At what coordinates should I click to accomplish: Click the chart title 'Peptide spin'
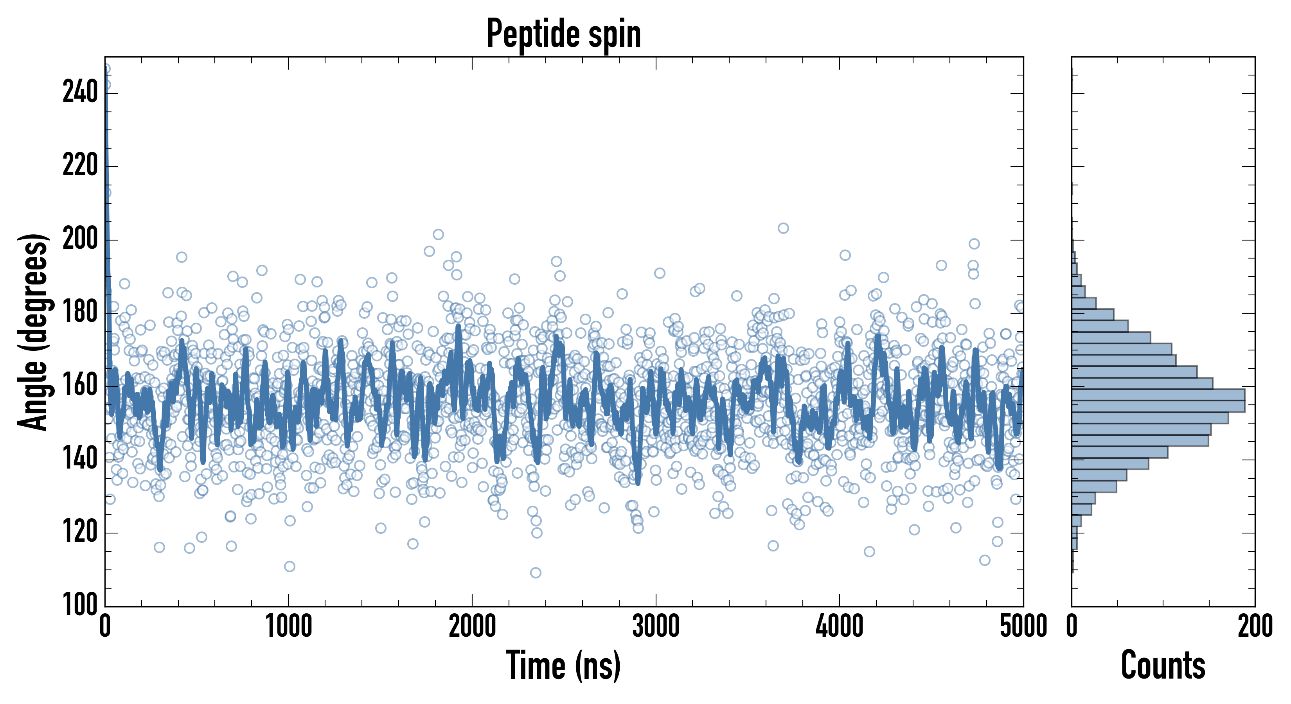(x=564, y=34)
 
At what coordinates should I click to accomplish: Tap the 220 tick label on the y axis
(x=80, y=166)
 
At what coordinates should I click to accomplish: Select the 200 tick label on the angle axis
(x=80, y=239)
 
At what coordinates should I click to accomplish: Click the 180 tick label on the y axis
(x=80, y=312)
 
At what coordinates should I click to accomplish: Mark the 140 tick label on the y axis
(x=80, y=460)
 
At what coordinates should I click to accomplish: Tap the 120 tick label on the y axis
(x=80, y=533)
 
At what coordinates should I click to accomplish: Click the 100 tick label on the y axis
(x=80, y=605)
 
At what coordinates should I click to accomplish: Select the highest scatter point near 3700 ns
(x=783, y=228)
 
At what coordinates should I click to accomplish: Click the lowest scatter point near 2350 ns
(x=536, y=573)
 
